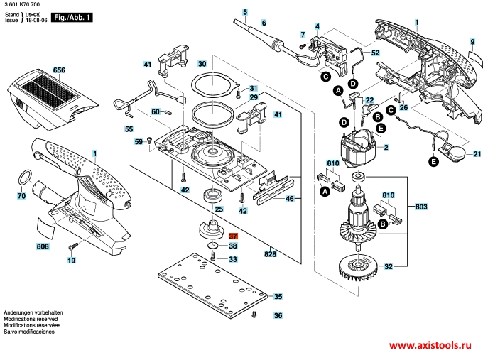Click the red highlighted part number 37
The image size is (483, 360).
tap(234, 235)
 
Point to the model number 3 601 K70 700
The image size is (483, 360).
tap(23, 5)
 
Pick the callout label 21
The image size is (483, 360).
tap(477, 154)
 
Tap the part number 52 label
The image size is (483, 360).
tap(375, 53)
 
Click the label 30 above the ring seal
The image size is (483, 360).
tap(202, 65)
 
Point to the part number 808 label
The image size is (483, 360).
tap(43, 247)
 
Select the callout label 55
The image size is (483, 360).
tap(129, 129)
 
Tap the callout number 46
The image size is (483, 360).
tap(289, 200)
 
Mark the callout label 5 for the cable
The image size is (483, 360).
tap(245, 13)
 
